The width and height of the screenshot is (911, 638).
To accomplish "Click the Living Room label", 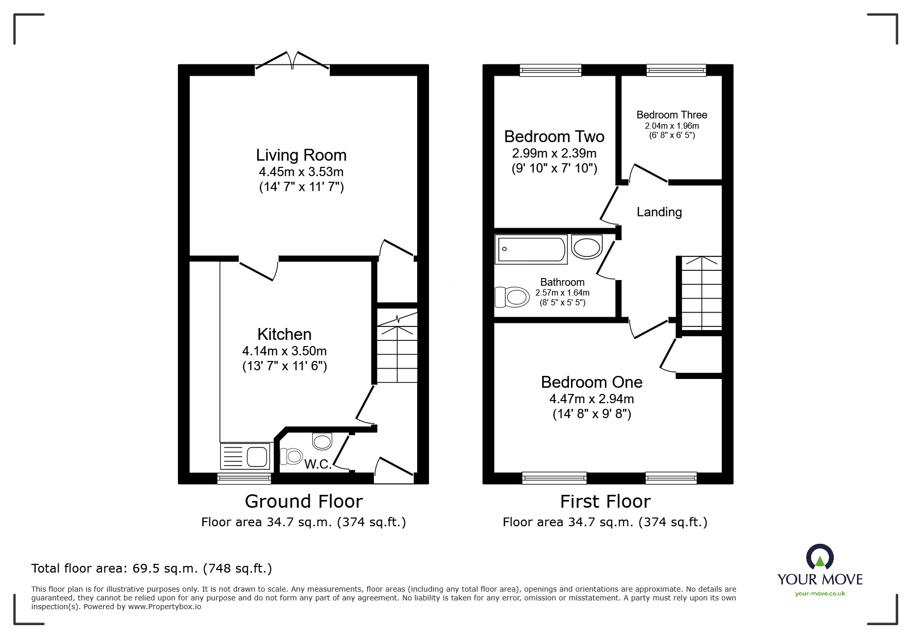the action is coord(301,155).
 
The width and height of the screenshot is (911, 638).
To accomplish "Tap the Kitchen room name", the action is coord(284,334).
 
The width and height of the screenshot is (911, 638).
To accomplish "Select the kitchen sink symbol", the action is coord(245,456).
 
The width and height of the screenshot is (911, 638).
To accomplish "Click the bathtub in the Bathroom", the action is coord(531,249).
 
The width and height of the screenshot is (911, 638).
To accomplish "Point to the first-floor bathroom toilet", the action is coord(512,297).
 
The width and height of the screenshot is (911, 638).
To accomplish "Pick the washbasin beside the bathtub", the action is coord(587,247).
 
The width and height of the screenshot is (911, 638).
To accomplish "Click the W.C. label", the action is coord(318,464).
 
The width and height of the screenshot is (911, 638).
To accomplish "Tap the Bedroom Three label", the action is coord(672,115).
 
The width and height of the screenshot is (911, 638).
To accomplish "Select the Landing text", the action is coord(659,212).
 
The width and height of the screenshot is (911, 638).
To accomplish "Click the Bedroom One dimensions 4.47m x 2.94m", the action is coord(592,399).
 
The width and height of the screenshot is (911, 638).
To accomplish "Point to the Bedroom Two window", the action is coord(550,70).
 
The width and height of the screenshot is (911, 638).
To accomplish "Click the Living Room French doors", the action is coord(292,61).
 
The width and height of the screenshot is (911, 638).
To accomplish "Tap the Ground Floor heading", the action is coord(303,501).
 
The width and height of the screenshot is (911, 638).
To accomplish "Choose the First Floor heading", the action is coord(605,501).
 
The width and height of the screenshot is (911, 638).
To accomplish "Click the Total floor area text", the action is coord(152,568).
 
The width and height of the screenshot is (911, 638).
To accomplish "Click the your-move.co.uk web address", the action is coord(820,594).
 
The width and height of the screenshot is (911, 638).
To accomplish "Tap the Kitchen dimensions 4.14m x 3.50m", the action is coord(284,351).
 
